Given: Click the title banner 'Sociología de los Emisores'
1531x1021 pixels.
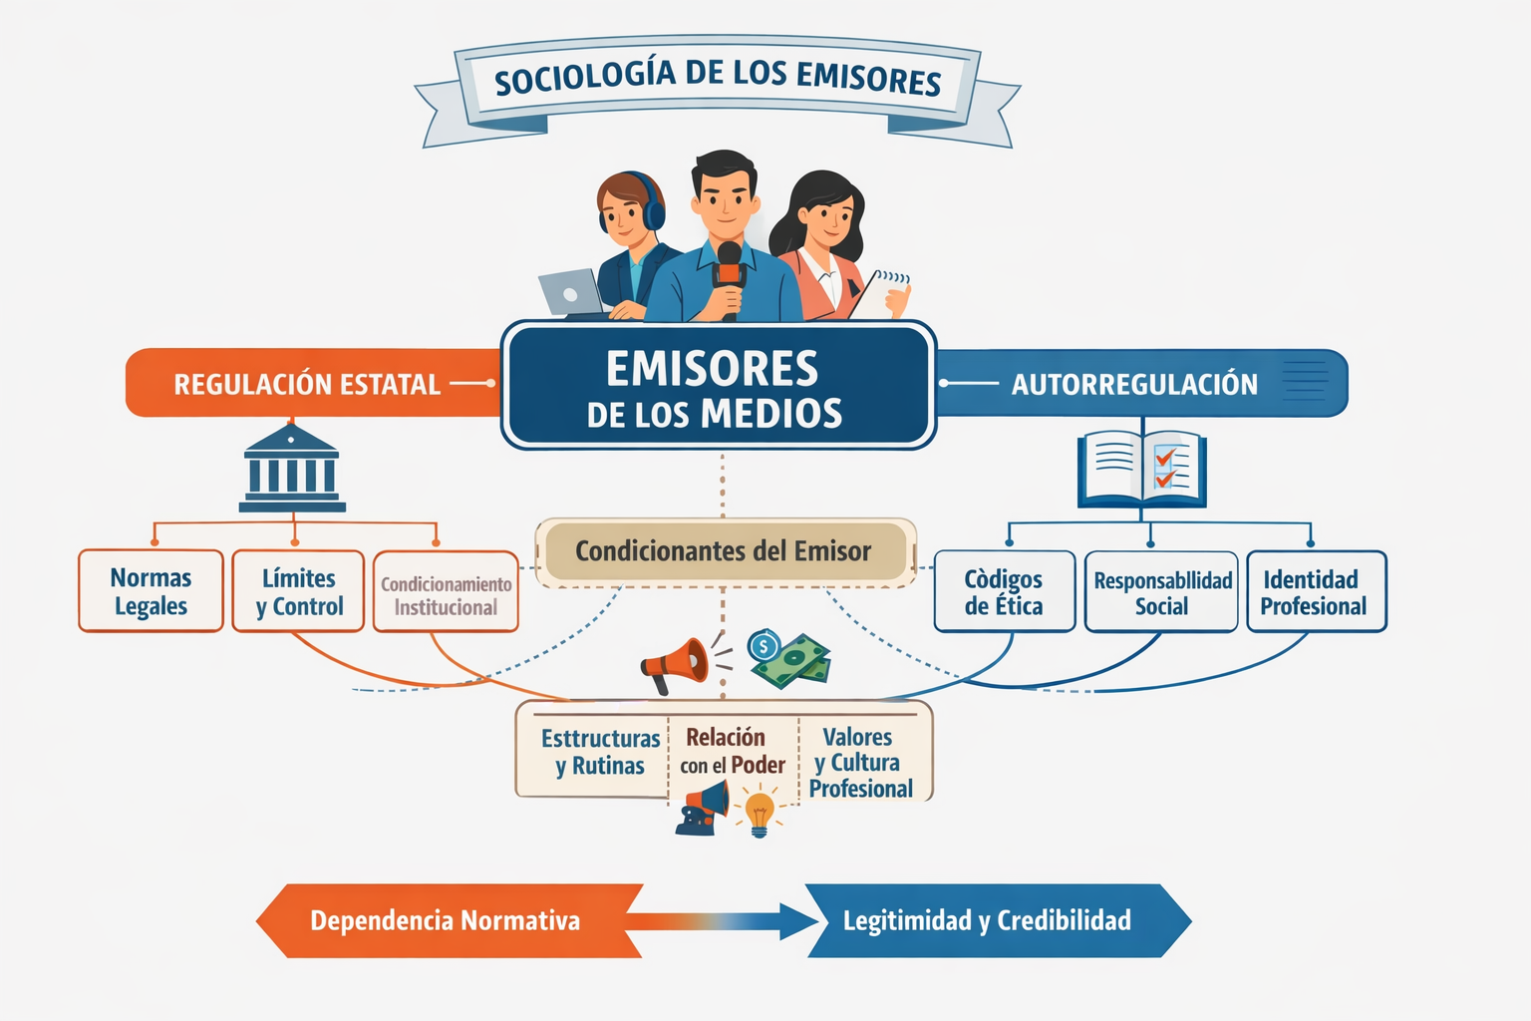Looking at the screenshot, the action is tap(718, 88).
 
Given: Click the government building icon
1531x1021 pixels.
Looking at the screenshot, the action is tap(292, 468).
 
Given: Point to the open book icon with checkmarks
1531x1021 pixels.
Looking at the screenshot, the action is tap(1142, 470).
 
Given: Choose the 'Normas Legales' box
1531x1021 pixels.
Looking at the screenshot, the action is tap(152, 591).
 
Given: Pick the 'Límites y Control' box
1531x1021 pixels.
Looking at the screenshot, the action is tap(299, 591).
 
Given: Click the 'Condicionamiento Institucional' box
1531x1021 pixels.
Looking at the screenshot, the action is tap(446, 592).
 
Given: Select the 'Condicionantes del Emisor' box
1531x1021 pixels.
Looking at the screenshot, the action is tap(726, 551).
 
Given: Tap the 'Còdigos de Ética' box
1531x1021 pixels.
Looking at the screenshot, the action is tap(1005, 591).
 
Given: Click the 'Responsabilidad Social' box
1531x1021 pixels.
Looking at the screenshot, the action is tap(1162, 592).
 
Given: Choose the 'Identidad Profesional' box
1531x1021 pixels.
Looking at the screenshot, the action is tap(1317, 591).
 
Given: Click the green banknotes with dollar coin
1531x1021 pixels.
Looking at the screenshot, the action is tap(789, 658).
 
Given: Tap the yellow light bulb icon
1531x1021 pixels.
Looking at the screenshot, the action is tap(760, 814).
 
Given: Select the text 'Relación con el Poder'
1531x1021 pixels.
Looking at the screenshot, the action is tap(733, 751).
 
